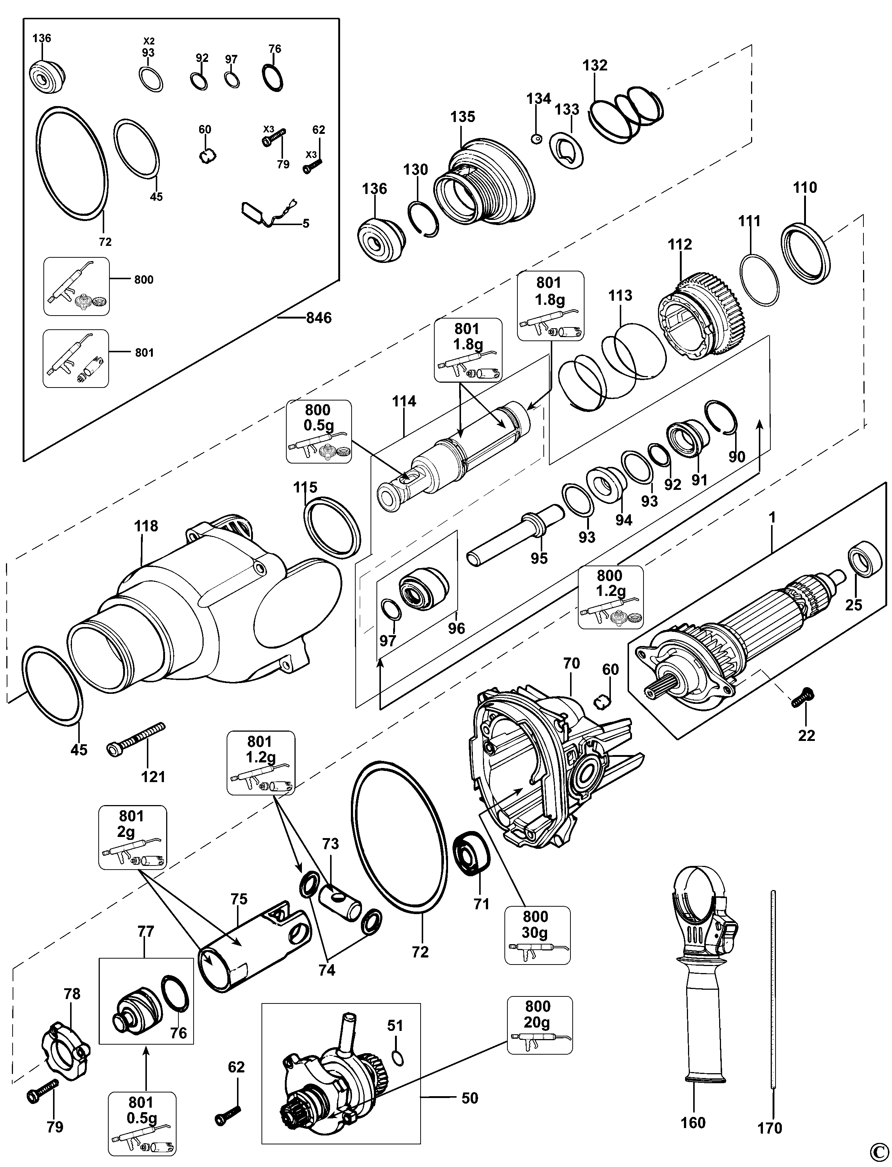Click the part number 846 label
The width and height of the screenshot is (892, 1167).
click(x=319, y=318)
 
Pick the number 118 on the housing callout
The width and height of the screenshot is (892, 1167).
click(x=146, y=526)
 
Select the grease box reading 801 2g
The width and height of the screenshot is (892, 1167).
click(x=132, y=837)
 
